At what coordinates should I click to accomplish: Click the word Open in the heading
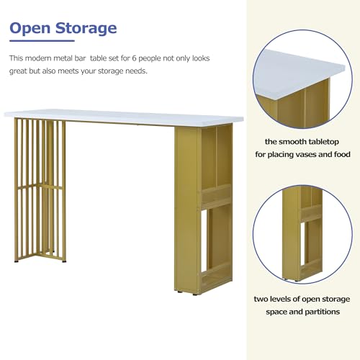coord(30,29)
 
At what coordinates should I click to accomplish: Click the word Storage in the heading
coord(86,29)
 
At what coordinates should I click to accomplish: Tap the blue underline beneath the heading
coord(42,41)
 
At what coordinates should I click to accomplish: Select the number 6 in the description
coord(135,58)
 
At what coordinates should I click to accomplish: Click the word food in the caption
coord(342,154)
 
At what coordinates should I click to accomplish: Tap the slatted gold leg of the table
coord(40,190)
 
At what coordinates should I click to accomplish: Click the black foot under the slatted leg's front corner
coord(17,261)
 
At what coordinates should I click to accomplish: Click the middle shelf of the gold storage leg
coord(216,197)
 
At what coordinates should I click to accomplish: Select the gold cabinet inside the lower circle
coord(303,233)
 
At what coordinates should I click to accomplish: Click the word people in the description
coord(150,59)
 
